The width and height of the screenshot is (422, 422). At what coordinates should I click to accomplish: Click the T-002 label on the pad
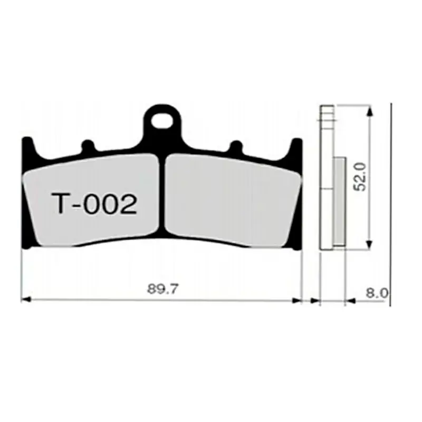94,204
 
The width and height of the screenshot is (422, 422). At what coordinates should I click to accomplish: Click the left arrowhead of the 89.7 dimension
24,300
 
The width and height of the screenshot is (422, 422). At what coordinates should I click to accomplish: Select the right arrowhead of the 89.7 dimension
297,300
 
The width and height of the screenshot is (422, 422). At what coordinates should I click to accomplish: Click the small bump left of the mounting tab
87,145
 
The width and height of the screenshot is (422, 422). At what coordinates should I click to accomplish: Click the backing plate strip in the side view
327,179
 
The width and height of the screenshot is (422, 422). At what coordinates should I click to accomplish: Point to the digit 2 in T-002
129,204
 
